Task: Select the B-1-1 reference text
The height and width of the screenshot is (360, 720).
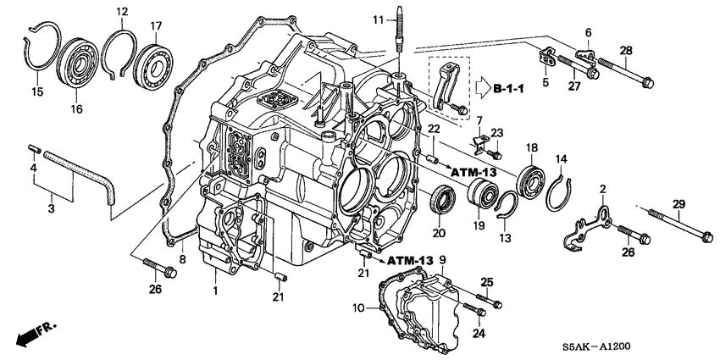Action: [509, 87]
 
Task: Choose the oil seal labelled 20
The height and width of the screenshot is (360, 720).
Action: [440, 202]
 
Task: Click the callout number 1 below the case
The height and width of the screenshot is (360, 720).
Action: [216, 291]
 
